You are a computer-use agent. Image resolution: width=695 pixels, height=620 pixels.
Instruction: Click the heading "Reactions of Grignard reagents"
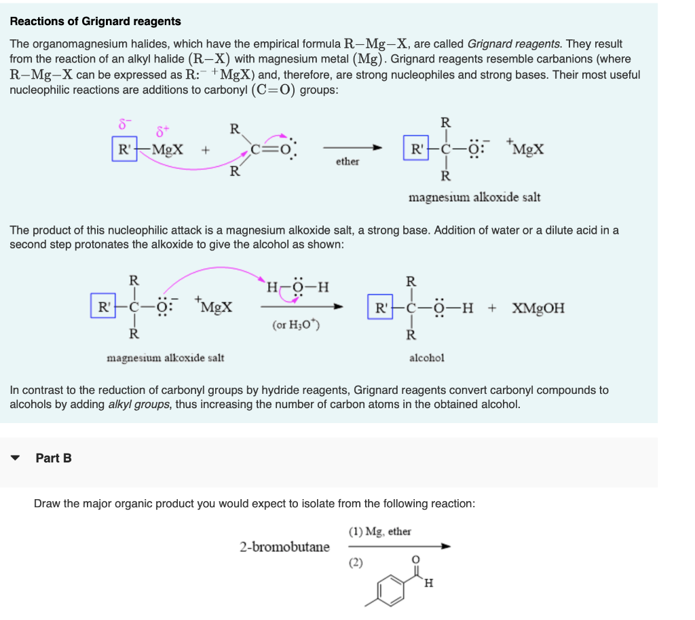tap(95, 21)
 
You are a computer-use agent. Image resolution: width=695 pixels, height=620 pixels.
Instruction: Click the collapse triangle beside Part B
tap(16, 458)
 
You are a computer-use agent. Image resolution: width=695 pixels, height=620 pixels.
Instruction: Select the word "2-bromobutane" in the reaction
tap(284, 547)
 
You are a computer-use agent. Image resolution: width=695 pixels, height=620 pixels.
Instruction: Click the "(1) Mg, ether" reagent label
tap(380, 532)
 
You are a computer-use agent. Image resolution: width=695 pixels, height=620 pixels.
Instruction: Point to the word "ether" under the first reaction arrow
tap(347, 162)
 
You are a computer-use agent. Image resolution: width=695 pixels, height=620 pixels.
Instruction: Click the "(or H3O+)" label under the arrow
tap(296, 325)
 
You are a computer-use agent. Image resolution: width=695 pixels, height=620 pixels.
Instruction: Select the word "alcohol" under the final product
tap(427, 357)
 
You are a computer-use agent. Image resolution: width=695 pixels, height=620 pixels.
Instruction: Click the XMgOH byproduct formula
tap(538, 308)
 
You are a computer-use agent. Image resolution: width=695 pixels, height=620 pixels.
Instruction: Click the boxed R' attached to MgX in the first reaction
tap(124, 148)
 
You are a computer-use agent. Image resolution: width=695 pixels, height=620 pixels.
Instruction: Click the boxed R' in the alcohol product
tap(379, 307)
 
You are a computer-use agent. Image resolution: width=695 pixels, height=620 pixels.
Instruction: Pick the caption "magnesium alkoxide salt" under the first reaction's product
tap(474, 198)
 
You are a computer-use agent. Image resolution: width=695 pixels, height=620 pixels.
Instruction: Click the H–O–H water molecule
tap(298, 286)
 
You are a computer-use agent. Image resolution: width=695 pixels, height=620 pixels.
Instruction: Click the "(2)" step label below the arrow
tap(356, 562)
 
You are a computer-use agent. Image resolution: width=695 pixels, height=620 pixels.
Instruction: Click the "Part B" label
tap(54, 458)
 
